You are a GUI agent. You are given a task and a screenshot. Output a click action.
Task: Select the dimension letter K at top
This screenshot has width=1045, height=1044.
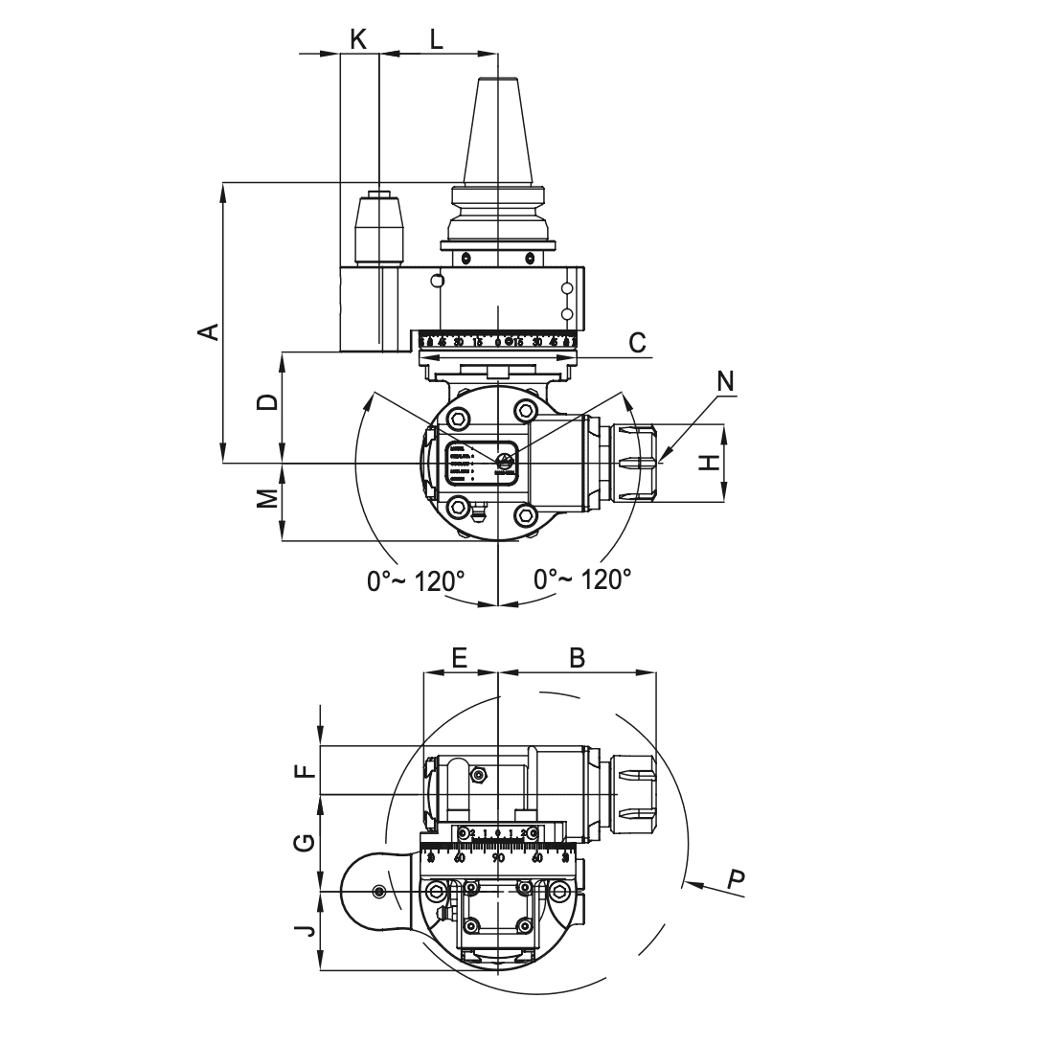tap(358, 38)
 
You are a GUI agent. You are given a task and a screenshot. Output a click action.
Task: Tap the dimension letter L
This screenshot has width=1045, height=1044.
tap(436, 39)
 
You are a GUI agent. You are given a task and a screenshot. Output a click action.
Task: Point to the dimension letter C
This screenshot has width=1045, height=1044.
tap(638, 342)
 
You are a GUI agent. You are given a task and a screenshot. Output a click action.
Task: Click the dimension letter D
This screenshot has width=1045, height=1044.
tap(270, 401)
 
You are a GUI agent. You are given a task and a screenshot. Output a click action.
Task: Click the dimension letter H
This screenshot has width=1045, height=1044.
tap(708, 463)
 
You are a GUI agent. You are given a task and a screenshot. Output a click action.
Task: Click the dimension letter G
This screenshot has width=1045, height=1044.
tap(304, 843)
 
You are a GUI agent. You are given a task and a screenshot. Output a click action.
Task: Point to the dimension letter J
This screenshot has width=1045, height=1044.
tap(304, 928)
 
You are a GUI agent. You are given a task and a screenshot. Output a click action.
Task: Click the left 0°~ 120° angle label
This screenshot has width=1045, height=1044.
tap(416, 580)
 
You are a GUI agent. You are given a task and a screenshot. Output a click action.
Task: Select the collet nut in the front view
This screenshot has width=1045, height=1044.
tap(634, 463)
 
